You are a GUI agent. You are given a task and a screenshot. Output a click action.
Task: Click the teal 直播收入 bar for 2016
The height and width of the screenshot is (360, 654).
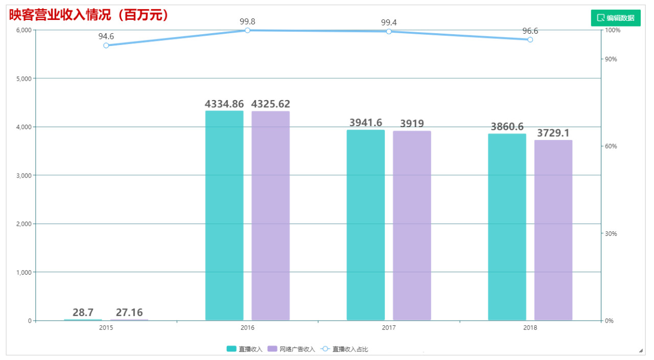(x=224, y=215)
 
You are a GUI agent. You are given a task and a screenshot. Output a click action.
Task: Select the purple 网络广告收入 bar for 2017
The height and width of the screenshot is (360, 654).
(x=412, y=226)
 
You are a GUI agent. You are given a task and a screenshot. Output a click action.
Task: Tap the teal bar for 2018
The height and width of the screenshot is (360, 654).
(x=507, y=227)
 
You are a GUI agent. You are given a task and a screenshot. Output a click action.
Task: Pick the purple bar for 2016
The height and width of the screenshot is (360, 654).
(x=270, y=215)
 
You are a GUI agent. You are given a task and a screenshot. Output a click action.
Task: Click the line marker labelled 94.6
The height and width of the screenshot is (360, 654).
(x=106, y=45)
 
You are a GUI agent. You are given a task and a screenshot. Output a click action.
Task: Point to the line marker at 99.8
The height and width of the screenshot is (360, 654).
(x=247, y=30)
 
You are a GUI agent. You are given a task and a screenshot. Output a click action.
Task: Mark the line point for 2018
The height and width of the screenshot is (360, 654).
(x=530, y=40)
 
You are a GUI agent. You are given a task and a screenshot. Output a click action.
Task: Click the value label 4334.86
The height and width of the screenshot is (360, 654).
(x=224, y=104)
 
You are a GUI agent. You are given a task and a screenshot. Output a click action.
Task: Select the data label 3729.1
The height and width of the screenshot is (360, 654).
(x=553, y=133)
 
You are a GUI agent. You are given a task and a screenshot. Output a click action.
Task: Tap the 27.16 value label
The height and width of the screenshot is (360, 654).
(x=129, y=313)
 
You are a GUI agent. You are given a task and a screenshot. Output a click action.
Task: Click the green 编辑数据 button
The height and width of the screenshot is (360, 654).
(x=615, y=18)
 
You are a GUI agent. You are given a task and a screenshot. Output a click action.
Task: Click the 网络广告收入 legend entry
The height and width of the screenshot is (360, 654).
(x=291, y=349)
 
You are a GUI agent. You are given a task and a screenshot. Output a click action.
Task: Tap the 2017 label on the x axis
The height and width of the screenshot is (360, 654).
(x=388, y=328)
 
